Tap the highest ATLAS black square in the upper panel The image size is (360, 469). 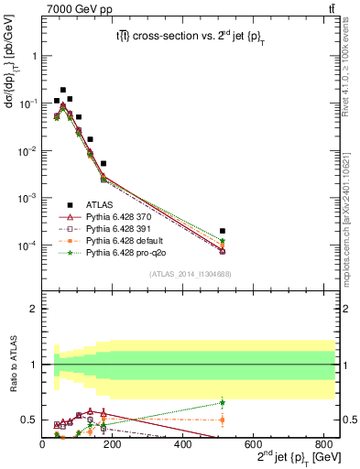click(x=62, y=91)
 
